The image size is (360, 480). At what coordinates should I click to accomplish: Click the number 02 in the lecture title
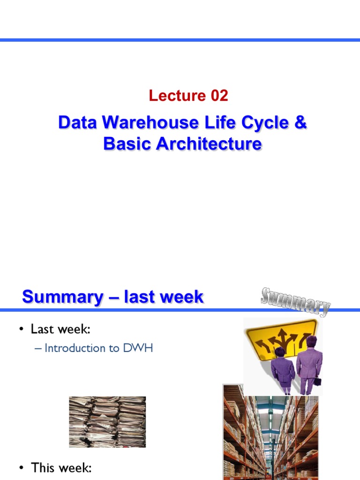pos(218,96)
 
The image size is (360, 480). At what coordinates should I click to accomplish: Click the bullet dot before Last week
pos(21,330)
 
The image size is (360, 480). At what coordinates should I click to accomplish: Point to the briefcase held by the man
pos(317,381)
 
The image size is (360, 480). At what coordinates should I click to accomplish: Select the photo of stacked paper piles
pos(107,422)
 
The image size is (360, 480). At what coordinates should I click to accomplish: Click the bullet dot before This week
pos(21,467)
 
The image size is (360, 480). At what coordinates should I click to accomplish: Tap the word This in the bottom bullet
pos(43,467)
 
